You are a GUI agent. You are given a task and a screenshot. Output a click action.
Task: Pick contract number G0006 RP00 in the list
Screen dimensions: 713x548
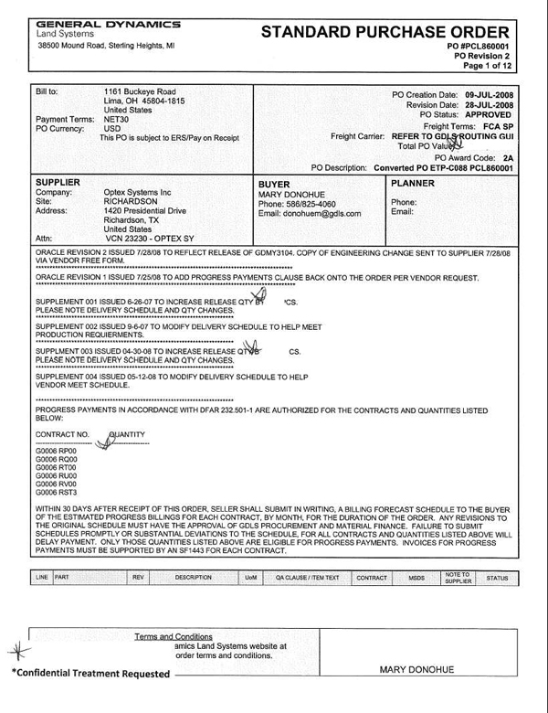point(56,452)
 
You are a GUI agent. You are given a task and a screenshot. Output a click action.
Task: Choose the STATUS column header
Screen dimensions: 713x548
point(497,579)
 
